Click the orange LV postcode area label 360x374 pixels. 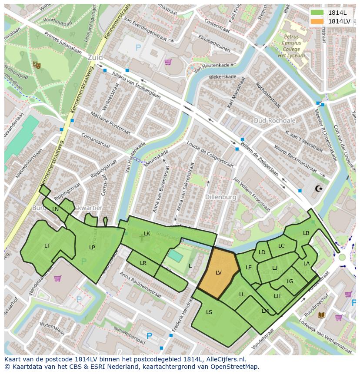click(x=219, y=273)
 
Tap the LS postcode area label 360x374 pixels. click(x=209, y=312)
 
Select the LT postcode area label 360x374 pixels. click(x=47, y=246)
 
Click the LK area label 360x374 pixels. click(x=147, y=234)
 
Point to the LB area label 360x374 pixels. click(x=306, y=233)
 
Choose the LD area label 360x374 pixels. click(x=262, y=252)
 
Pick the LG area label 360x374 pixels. click(x=290, y=281)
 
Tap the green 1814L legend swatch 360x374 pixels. click(x=317, y=12)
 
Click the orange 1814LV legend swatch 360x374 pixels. click(x=317, y=21)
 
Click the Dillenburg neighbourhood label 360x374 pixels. click(x=221, y=197)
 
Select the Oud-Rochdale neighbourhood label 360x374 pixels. click(x=274, y=120)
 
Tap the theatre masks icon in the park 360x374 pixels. click(x=37, y=65)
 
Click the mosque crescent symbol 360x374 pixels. click(x=319, y=189)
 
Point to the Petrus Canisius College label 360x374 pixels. click(x=292, y=43)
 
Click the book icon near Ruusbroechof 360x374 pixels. click(x=321, y=315)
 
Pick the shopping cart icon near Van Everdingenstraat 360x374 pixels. click(x=168, y=62)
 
